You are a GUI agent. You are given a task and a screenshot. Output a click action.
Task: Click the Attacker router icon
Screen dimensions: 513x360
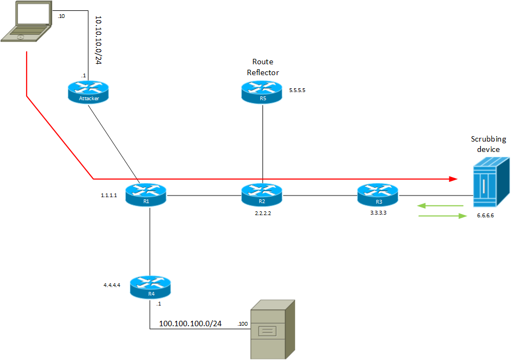(89, 91)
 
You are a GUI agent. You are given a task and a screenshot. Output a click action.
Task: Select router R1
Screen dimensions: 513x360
(145, 194)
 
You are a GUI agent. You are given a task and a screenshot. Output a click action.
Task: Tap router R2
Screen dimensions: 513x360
(263, 194)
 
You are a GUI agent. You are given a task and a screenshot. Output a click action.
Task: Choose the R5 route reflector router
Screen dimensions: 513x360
(263, 91)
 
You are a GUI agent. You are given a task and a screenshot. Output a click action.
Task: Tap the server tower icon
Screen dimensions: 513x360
(272, 330)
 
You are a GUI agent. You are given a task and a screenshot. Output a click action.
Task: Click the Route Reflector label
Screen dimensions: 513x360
(262, 67)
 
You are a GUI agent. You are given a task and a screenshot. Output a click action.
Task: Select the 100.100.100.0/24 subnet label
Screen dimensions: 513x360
(190, 324)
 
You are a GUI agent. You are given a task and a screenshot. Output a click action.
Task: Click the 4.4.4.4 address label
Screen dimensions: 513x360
(112, 285)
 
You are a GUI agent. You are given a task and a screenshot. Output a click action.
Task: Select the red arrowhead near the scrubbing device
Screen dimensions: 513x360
(453, 178)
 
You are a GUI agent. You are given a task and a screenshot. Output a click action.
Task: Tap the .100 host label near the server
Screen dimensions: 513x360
(243, 325)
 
